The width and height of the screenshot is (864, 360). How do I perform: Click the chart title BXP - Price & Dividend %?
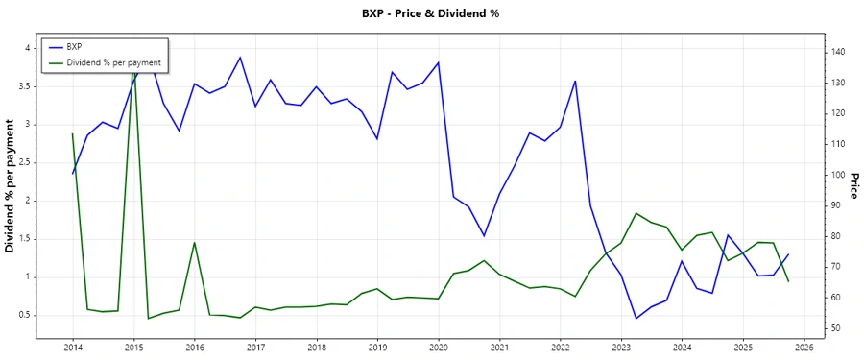[x=431, y=13]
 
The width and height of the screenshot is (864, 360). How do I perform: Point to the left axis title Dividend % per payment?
[x=11, y=186]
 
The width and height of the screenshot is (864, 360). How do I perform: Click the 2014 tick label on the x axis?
[x=72, y=348]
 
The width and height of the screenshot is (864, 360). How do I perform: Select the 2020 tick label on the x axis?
[x=438, y=348]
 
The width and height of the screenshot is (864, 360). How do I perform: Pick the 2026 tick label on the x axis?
[x=804, y=348]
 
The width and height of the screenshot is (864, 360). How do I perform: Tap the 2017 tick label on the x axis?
[x=255, y=348]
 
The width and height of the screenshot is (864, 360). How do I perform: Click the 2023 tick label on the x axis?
[x=621, y=348]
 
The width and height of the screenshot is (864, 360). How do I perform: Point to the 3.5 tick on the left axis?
[x=27, y=86]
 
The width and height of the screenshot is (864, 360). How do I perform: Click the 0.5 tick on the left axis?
[x=27, y=315]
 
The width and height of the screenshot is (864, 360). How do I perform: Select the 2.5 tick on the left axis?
[x=27, y=162]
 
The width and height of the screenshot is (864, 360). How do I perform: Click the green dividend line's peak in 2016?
[x=194, y=242]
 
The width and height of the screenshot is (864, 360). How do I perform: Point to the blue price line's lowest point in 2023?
[x=636, y=319]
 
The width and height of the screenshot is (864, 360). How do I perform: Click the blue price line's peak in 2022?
[x=575, y=81]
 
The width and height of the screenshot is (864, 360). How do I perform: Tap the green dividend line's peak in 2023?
[x=636, y=213]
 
